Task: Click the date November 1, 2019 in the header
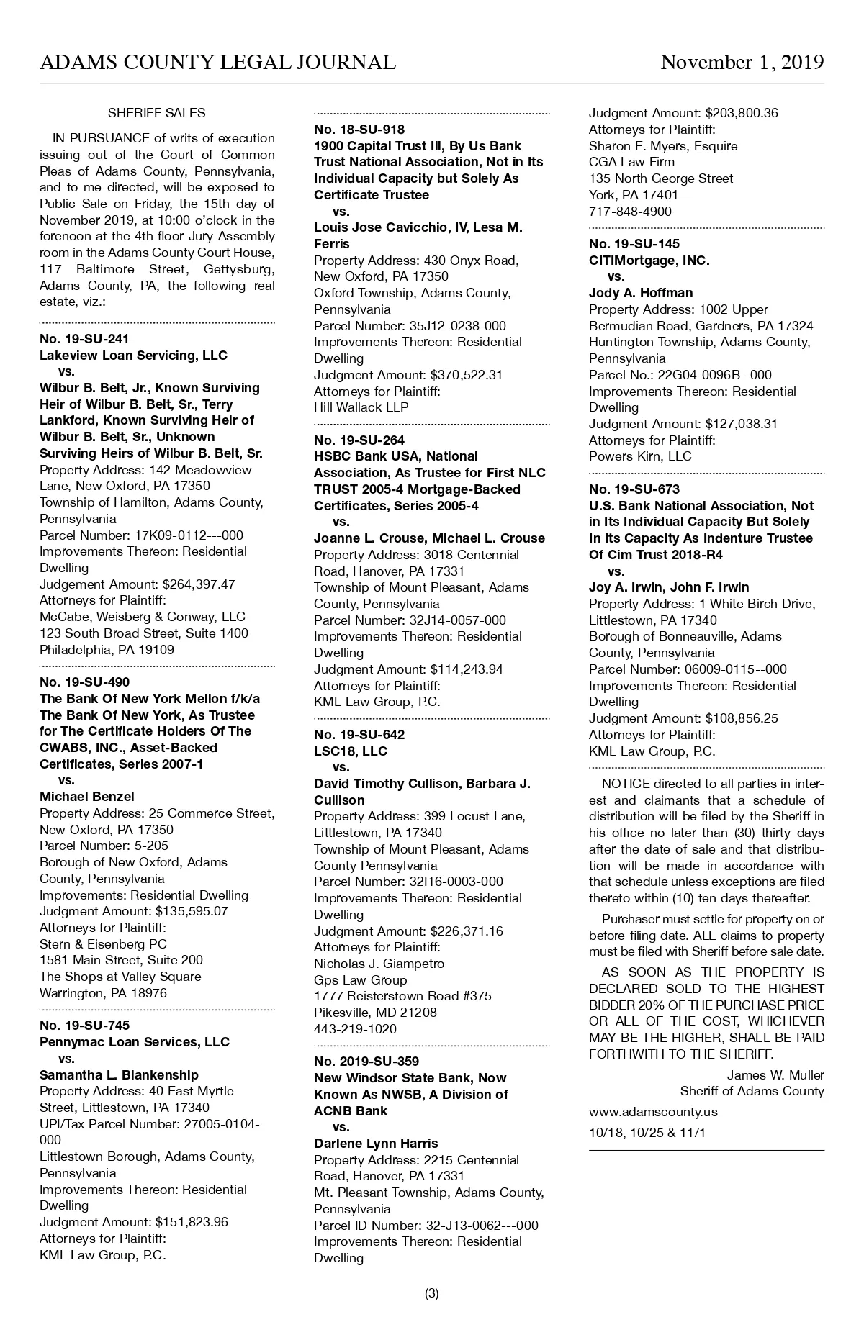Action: (x=742, y=63)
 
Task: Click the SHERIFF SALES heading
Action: (x=156, y=113)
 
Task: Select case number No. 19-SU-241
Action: (x=84, y=339)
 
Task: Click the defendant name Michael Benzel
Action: (x=87, y=797)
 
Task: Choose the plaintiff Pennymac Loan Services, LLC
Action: (x=135, y=1042)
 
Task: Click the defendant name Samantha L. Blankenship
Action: (x=119, y=1075)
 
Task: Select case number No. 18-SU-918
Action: (x=359, y=130)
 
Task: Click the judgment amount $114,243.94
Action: (x=467, y=669)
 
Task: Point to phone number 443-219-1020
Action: (x=355, y=1029)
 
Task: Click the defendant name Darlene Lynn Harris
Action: (x=376, y=1144)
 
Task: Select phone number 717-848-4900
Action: (x=630, y=212)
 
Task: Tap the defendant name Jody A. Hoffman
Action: (x=641, y=293)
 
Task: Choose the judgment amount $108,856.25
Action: (x=742, y=718)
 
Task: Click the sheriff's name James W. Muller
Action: (x=775, y=1075)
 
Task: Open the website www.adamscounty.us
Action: (x=653, y=1112)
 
